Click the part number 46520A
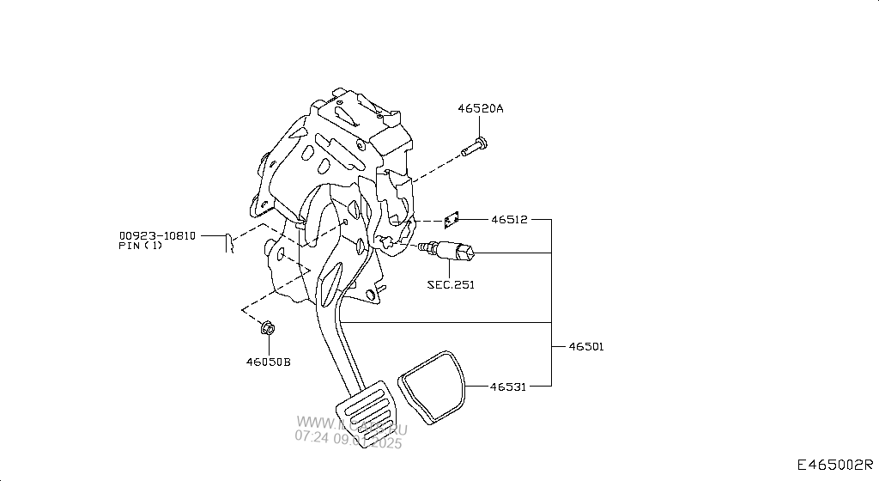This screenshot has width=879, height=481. click(480, 109)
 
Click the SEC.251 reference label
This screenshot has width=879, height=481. click(451, 284)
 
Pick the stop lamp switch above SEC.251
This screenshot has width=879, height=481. click(451, 251)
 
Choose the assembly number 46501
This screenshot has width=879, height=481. click(585, 347)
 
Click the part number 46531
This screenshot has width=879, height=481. click(508, 387)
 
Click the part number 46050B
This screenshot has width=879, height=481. click(268, 362)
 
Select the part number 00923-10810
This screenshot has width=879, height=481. click(157, 234)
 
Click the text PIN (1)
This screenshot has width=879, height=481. click(140, 246)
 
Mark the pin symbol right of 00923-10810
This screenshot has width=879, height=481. click(229, 243)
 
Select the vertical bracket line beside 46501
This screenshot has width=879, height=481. click(550, 301)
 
